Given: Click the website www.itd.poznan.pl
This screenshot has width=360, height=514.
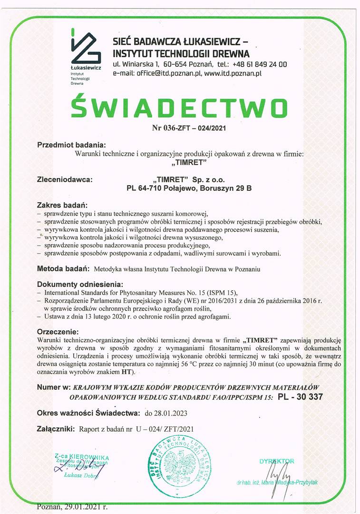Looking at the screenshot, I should pos(233,74).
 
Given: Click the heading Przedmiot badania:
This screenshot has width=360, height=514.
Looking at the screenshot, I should pos(71,145).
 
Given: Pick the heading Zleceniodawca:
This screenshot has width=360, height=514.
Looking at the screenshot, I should pos(65,180).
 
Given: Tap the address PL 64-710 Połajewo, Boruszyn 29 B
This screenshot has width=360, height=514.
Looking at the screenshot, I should pos(189,188).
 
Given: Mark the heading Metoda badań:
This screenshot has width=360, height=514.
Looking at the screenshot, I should pos(64,269).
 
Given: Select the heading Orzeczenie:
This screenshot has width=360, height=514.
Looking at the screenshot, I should pos(57,331).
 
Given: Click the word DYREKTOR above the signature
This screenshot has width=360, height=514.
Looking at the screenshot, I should pos(277,461).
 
